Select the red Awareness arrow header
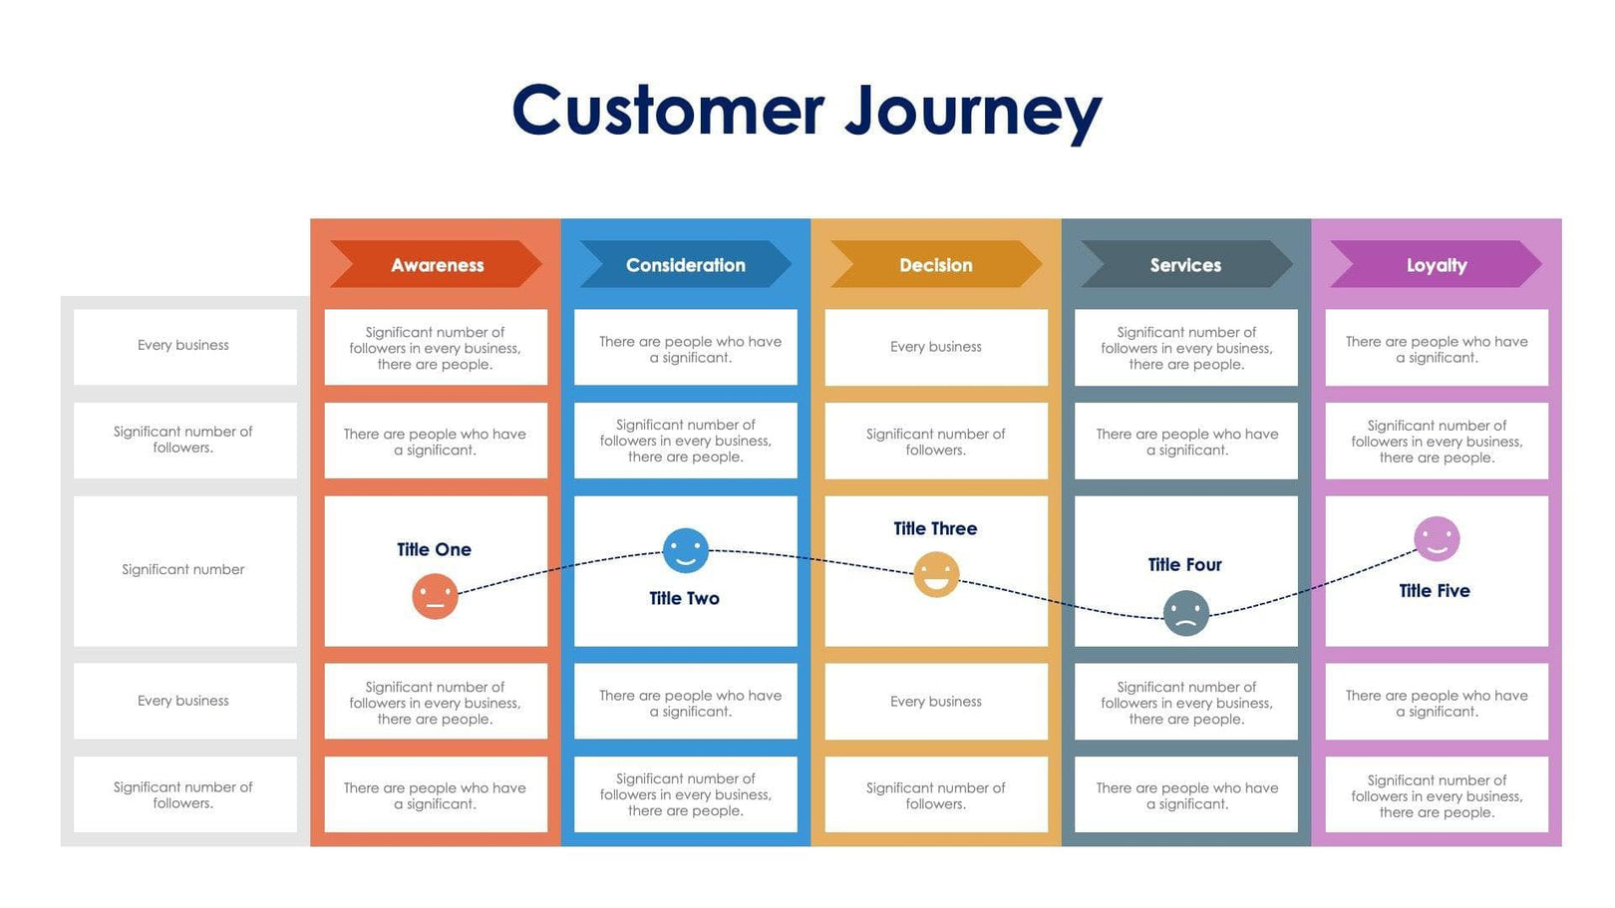[437, 265]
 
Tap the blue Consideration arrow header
[686, 265]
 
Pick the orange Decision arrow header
[936, 265]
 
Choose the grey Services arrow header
[1185, 265]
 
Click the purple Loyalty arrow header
[1437, 265]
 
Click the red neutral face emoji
[435, 597]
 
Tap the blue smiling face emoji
[686, 550]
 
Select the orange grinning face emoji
[936, 574]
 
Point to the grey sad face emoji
[1186, 613]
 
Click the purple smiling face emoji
[1437, 539]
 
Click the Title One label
[434, 549]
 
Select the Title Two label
[684, 598]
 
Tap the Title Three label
[935, 528]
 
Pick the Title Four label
[1184, 564]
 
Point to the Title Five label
[1435, 590]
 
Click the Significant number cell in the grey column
[183, 569]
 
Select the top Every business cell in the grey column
[183, 345]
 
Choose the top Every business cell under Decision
[936, 347]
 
